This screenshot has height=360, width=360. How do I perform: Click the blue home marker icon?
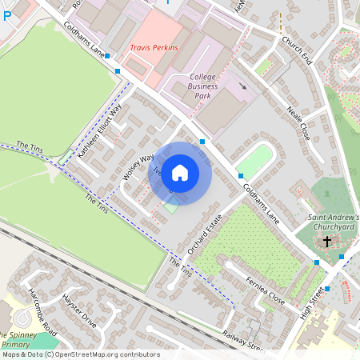tap(180, 173)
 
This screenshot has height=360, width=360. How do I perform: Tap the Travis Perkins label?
tap(154, 48)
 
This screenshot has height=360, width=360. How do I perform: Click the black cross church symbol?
tap(326, 241)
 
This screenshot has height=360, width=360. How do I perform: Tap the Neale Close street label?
tap(298, 124)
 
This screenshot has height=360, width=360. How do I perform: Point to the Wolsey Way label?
tap(138, 168)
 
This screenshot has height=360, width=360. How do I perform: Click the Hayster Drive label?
tap(78, 309)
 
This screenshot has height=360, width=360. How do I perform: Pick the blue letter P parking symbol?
tap(7, 15)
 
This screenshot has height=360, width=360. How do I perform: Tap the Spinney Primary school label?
tap(16, 339)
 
